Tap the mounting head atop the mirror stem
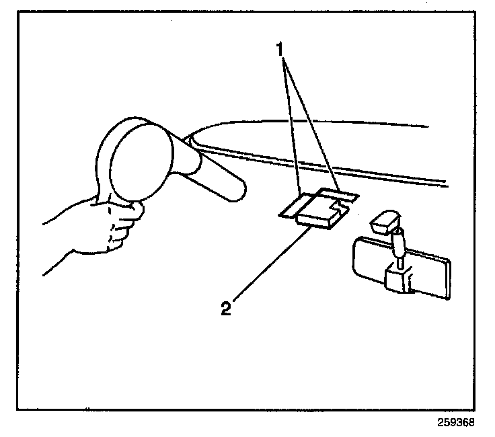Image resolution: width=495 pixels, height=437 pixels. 384,223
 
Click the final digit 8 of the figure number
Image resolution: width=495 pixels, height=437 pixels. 471,424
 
